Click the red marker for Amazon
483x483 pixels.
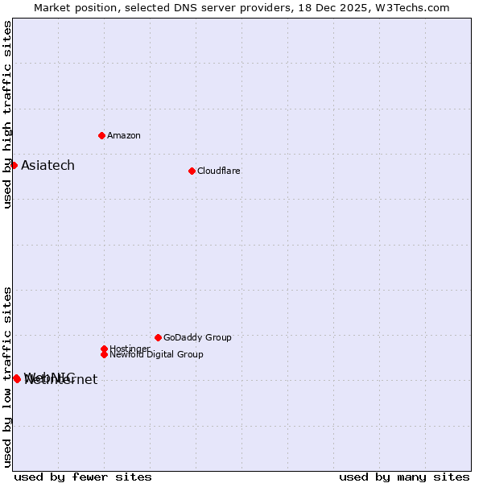coord(101,135)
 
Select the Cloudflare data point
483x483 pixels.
coord(192,171)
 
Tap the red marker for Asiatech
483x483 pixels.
coord(14,165)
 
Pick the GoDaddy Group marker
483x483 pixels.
coord(158,337)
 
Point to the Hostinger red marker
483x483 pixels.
coord(104,349)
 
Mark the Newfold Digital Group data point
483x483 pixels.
coord(104,354)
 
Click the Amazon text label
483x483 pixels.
coord(124,135)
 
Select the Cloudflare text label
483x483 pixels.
coord(219,171)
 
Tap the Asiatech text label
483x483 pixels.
coord(47,165)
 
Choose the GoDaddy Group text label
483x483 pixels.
coord(197,337)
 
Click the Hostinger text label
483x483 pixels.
coord(130,349)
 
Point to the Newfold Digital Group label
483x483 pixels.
coord(156,354)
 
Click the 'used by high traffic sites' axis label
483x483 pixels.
coord(7,114)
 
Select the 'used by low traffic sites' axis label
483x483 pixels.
coord(7,377)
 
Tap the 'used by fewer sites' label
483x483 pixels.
coord(83,477)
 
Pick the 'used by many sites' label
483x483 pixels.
coord(404,477)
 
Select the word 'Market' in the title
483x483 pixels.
coord(52,7)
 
